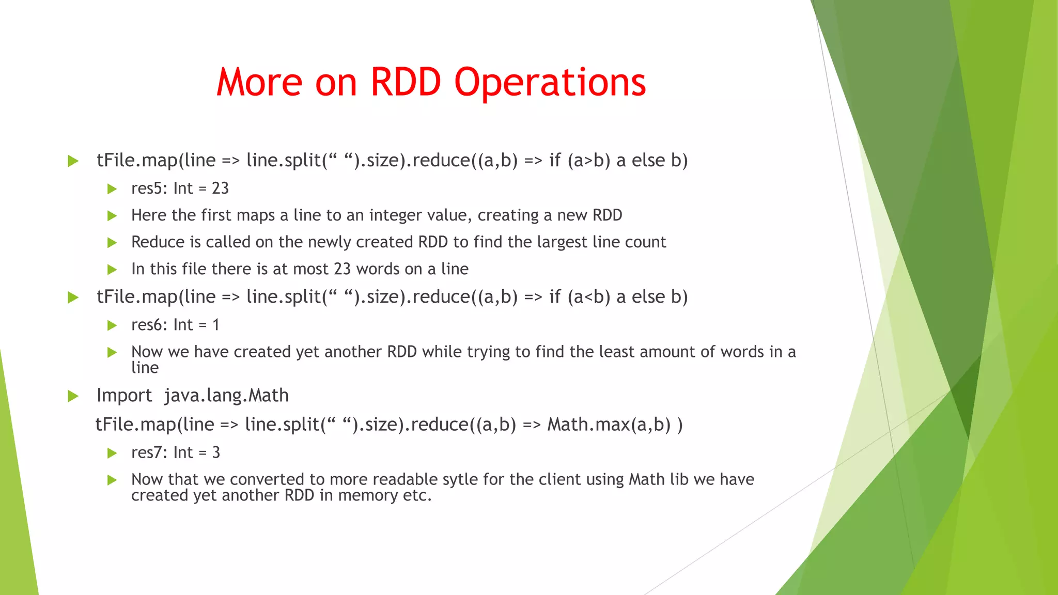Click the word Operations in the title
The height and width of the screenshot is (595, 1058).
pos(550,83)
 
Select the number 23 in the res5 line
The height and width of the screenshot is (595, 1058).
pos(220,189)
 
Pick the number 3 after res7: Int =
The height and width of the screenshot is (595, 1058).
pos(216,452)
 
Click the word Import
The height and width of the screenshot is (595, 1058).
pos(124,396)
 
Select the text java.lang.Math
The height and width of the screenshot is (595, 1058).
pos(226,396)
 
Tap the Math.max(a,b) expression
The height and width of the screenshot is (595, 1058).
pos(609,425)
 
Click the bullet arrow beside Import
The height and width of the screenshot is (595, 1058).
pos(73,396)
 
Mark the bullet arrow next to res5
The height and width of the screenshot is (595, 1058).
pos(112,189)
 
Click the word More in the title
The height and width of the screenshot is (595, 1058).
pos(259,83)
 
